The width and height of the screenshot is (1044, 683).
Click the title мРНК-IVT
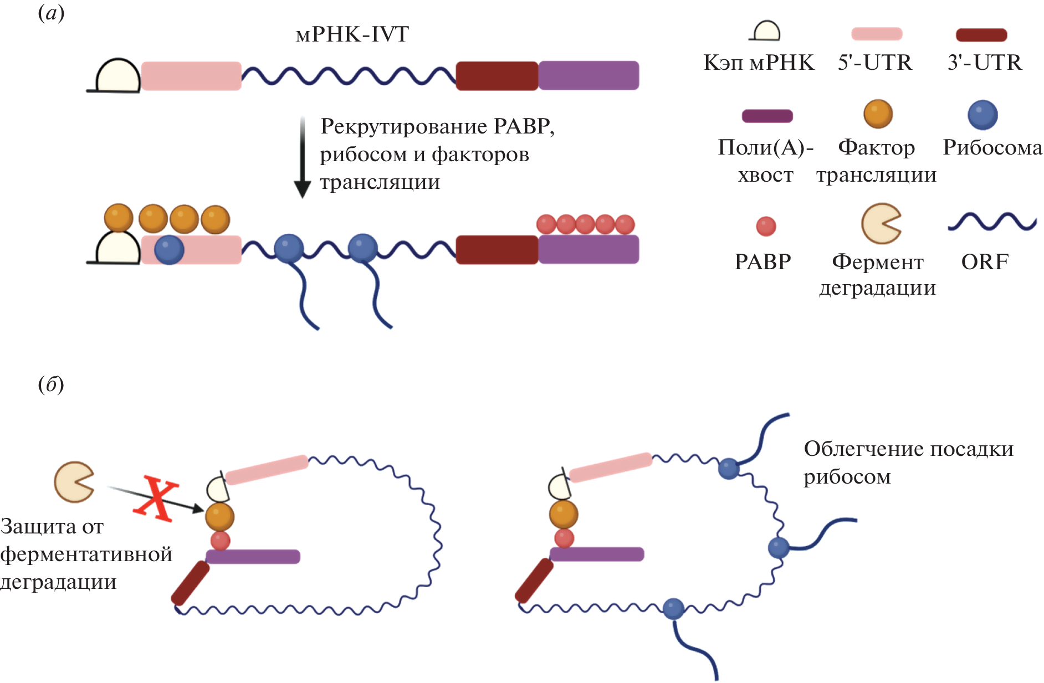(x=352, y=34)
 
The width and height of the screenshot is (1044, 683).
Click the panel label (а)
(x=51, y=13)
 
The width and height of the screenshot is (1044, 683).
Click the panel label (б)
(x=51, y=384)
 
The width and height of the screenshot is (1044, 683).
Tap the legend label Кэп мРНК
(x=759, y=63)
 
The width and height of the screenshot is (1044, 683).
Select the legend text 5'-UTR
(x=875, y=63)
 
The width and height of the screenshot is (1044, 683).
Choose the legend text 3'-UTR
(x=985, y=63)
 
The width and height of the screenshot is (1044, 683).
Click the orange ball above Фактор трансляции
(x=878, y=114)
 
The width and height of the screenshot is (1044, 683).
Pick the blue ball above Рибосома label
(x=982, y=115)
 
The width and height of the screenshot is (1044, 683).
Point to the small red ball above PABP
(x=766, y=226)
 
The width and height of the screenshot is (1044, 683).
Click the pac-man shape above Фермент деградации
(x=880, y=224)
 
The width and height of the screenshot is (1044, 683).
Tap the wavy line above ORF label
(x=992, y=222)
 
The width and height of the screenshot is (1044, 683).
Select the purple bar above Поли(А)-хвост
(x=767, y=116)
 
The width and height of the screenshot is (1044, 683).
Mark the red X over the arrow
(x=156, y=497)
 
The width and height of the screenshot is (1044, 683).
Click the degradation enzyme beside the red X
(x=73, y=482)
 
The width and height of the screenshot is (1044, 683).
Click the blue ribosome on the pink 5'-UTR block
(x=169, y=250)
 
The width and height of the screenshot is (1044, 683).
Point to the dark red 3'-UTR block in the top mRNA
(x=497, y=76)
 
